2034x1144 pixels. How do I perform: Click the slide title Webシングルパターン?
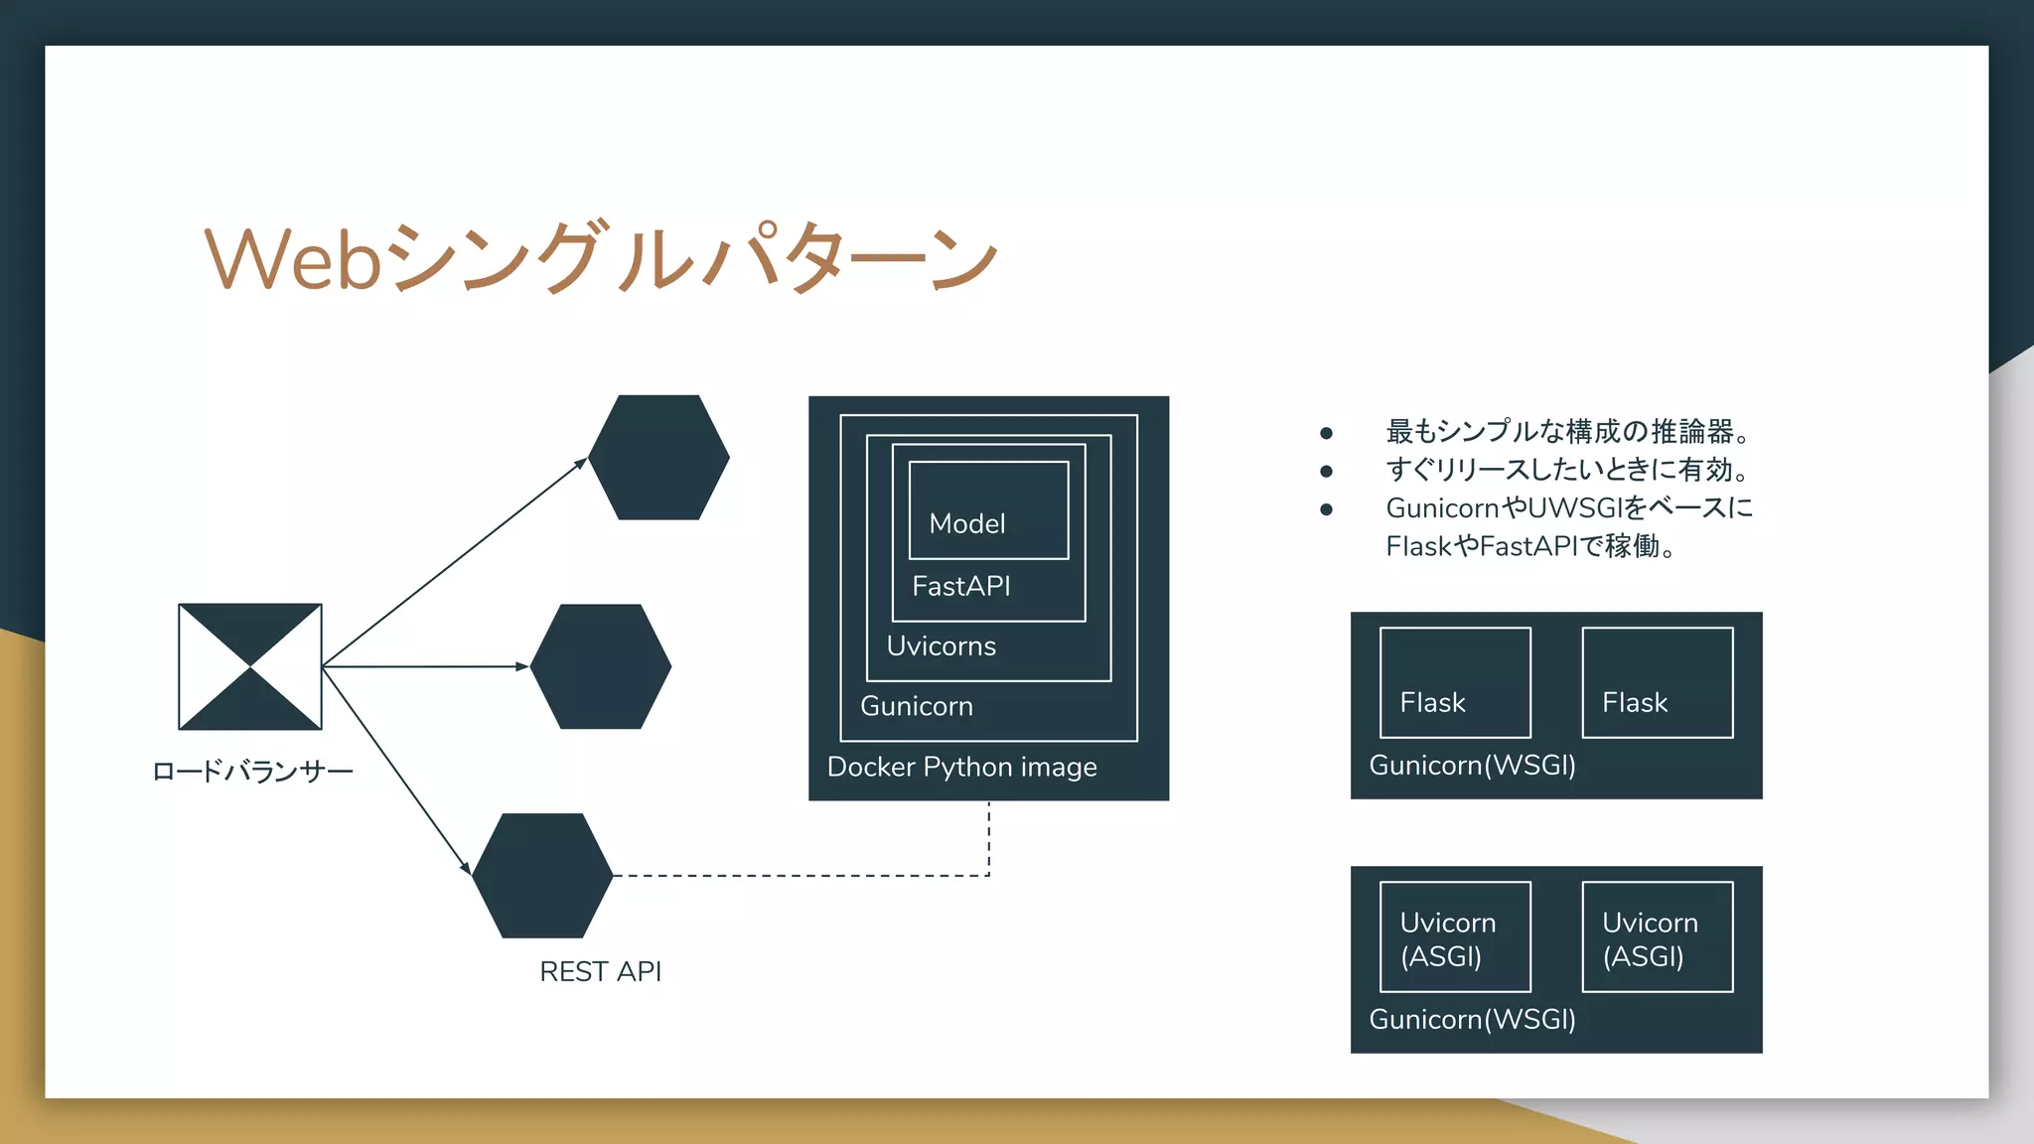click(600, 258)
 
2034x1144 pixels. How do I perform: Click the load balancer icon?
click(250, 666)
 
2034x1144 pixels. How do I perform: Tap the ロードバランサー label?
click(252, 772)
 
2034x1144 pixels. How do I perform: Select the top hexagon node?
click(658, 458)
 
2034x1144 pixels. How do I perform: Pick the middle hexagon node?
click(601, 666)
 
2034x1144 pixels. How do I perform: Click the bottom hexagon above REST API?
click(542, 875)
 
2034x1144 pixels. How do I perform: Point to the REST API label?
click(600, 971)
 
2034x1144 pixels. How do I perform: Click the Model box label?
click(967, 523)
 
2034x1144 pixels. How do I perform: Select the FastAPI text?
click(960, 586)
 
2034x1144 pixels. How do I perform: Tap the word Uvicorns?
click(941, 646)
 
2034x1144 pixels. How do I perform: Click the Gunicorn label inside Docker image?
click(916, 706)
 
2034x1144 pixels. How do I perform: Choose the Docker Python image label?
click(961, 767)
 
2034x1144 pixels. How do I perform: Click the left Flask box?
click(1455, 683)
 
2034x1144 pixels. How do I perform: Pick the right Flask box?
click(1657, 683)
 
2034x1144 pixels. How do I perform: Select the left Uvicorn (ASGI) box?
click(1455, 937)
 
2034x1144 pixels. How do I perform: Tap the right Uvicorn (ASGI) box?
click(1657, 937)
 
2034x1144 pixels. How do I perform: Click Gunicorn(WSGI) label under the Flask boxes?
click(1472, 766)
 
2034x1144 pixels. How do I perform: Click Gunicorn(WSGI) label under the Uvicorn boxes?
click(1472, 1020)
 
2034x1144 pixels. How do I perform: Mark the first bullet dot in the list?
click(1326, 433)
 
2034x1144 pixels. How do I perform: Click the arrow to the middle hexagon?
click(427, 666)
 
